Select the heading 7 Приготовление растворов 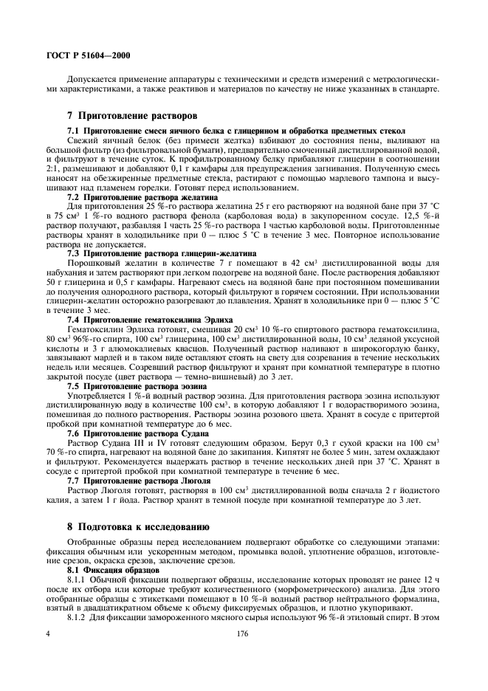coord(123,117)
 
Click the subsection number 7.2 coord(73,199)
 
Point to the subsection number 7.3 coord(73,252)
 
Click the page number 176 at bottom coord(244,655)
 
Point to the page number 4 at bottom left coord(48,655)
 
